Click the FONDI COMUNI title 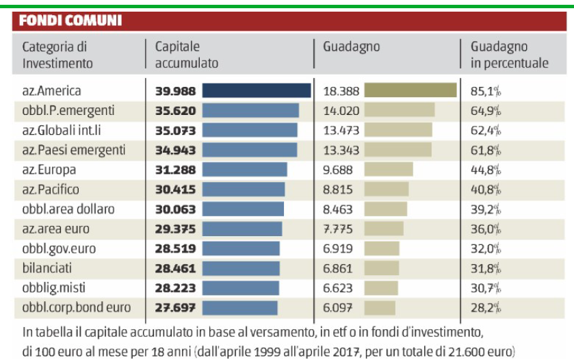pyautogui.click(x=70, y=21)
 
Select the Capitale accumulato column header pyautogui.click(x=186, y=55)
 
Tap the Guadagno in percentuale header pyautogui.click(x=509, y=55)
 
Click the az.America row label pyautogui.click(x=51, y=91)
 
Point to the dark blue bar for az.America pyautogui.click(x=257, y=91)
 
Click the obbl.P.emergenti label pyautogui.click(x=68, y=110)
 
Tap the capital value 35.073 pyautogui.click(x=176, y=130)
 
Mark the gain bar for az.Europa pyautogui.click(x=389, y=170)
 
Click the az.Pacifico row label pyautogui.click(x=51, y=190)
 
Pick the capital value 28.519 pyautogui.click(x=176, y=248)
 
